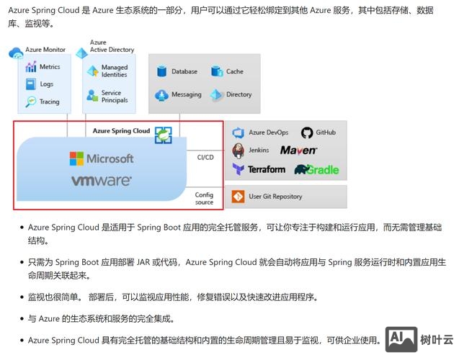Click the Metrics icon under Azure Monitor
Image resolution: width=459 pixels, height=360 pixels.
point(31,67)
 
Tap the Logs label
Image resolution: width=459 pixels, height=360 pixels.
point(47,84)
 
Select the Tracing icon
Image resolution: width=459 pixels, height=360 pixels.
point(31,102)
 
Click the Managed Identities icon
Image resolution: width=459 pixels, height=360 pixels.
point(92,71)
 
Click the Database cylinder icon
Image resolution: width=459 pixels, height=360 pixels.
point(162,72)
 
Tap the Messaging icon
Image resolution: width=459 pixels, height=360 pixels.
point(162,95)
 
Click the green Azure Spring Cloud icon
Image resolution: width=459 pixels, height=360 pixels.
point(164,135)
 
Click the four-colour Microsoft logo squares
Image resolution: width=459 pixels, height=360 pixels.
point(76,158)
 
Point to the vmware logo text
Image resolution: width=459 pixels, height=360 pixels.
point(101,181)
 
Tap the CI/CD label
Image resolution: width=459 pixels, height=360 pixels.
point(205,157)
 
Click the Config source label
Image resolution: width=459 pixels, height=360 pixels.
point(205,198)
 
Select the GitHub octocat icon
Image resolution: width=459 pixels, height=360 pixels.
point(307,132)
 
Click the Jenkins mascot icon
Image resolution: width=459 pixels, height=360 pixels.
point(239,150)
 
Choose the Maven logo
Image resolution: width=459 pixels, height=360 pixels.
point(298,150)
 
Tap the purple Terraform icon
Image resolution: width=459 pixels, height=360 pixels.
point(239,169)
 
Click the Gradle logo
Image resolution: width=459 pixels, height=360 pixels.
point(316,169)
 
